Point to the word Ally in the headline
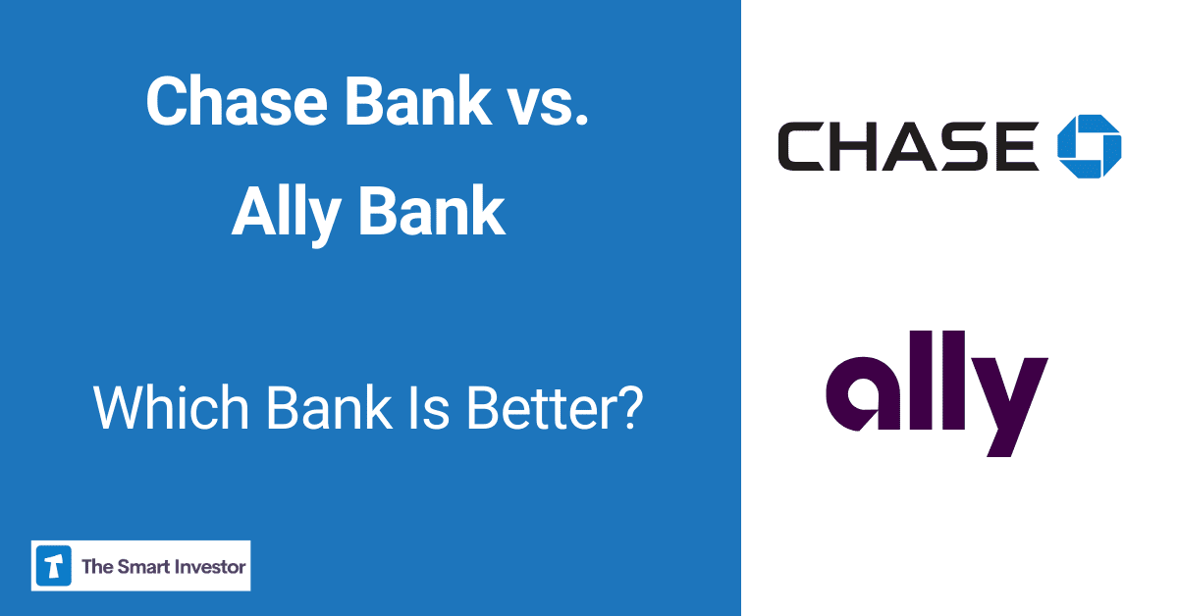pos(286,213)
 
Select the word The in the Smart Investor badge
pos(97,566)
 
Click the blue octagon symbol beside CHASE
pos(1089,146)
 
